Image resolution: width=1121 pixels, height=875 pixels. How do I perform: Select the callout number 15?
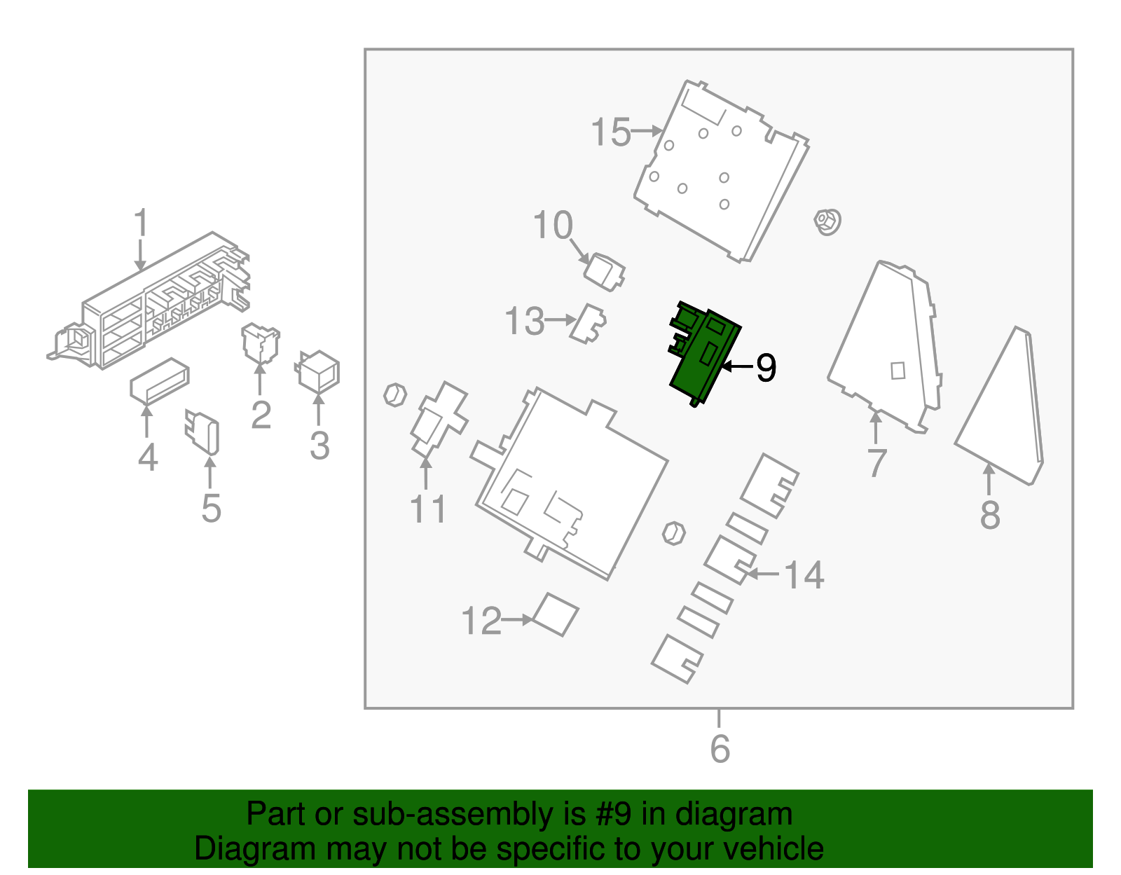pyautogui.click(x=610, y=132)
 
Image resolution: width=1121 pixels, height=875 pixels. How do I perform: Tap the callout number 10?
pyautogui.click(x=553, y=226)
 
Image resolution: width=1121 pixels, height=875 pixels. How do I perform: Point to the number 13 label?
pyautogui.click(x=524, y=321)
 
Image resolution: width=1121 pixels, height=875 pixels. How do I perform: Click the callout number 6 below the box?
pyautogui.click(x=720, y=749)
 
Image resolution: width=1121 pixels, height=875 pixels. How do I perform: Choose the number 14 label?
pyautogui.click(x=804, y=575)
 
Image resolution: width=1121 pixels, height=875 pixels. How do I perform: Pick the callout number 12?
pyautogui.click(x=481, y=621)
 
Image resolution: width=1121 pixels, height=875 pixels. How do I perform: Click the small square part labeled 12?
pyautogui.click(x=555, y=614)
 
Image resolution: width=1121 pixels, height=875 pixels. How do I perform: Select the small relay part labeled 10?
pyautogui.click(x=603, y=272)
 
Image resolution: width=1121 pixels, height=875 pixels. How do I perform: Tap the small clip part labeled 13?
pyautogui.click(x=588, y=324)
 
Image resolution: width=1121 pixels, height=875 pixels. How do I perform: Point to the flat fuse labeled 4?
pyautogui.click(x=160, y=381)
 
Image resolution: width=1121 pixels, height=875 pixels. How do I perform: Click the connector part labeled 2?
pyautogui.click(x=261, y=343)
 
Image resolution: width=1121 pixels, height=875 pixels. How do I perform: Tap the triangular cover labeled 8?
pyautogui.click(x=998, y=406)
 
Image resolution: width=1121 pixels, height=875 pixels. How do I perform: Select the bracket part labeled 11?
pyautogui.click(x=439, y=419)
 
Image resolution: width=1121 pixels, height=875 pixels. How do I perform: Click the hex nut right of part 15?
pyautogui.click(x=827, y=222)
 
